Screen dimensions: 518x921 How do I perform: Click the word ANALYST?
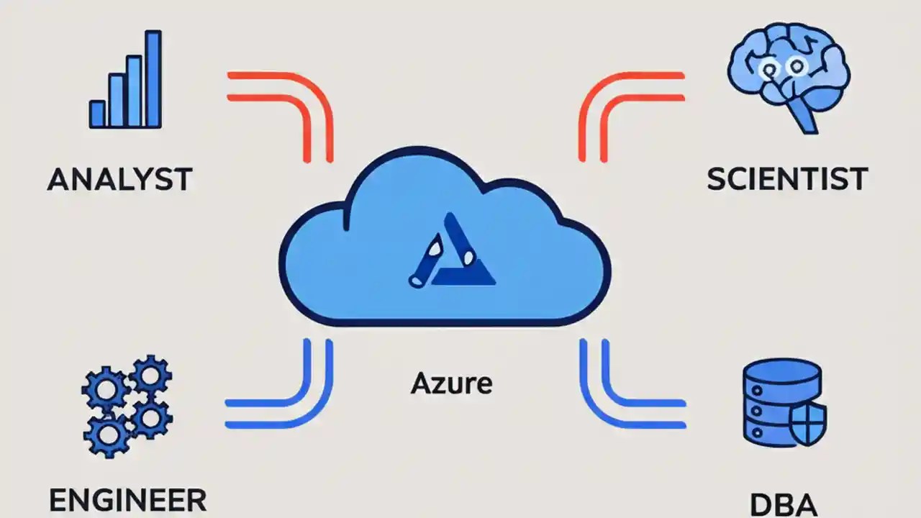tap(119, 179)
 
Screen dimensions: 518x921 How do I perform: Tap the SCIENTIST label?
tap(787, 179)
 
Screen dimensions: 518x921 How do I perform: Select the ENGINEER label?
tap(127, 499)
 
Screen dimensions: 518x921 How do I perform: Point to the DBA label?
tap(784, 504)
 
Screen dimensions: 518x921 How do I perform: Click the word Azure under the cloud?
tap(451, 383)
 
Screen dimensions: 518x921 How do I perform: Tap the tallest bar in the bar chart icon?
tap(153, 78)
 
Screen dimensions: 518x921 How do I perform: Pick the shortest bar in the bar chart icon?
tap(97, 114)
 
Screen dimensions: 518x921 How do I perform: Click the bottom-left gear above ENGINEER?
tap(106, 434)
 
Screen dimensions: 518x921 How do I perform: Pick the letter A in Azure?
tap(419, 383)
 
